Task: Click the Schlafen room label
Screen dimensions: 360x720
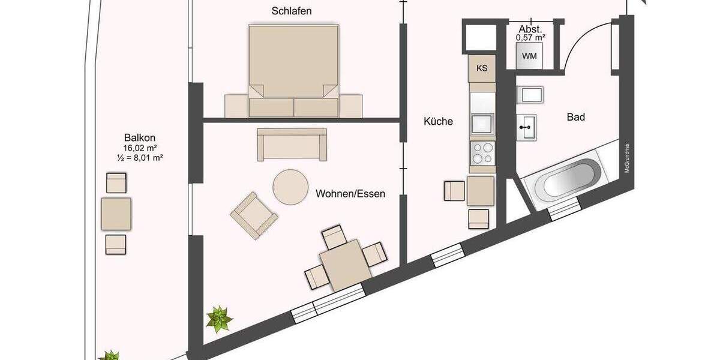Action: click(292, 11)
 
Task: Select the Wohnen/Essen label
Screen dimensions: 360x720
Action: click(350, 194)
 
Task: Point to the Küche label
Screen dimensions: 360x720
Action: click(438, 121)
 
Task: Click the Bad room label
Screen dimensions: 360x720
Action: click(575, 117)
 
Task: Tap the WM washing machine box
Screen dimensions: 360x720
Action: click(529, 56)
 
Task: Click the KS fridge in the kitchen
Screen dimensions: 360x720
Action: click(482, 68)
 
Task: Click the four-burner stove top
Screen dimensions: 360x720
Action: click(482, 152)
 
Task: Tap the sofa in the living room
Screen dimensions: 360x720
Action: click(292, 144)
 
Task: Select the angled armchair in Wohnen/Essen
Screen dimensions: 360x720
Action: click(254, 215)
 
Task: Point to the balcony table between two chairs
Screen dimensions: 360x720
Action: click(116, 214)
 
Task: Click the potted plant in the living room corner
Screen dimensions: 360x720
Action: click(219, 319)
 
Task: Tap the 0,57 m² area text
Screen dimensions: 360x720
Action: click(530, 37)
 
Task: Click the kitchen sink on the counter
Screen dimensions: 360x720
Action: click(482, 124)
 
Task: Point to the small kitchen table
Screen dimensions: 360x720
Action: click(481, 191)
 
